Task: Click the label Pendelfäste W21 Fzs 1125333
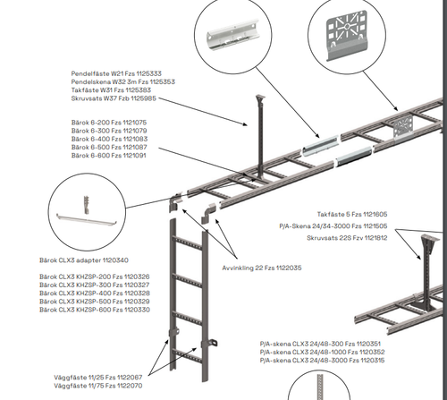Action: tap(116, 73)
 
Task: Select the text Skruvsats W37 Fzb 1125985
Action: tap(114, 98)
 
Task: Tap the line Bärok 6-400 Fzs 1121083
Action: tap(109, 139)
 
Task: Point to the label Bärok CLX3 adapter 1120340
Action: tap(84, 260)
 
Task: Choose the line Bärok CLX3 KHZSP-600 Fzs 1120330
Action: tap(95, 310)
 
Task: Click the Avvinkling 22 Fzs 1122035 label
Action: tap(262, 268)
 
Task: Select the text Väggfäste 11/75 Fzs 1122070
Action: tap(98, 386)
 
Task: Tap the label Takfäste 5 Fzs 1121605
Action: tap(352, 214)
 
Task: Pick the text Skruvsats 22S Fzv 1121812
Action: tap(347, 238)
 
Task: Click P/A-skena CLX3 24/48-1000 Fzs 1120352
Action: tap(322, 352)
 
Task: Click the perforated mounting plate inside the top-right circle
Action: tap(347, 35)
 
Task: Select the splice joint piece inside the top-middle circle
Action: tap(233, 35)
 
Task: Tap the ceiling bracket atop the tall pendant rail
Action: tap(260, 98)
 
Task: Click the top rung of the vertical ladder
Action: tap(189, 243)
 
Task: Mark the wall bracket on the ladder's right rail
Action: tap(209, 343)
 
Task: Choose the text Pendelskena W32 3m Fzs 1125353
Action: tap(123, 81)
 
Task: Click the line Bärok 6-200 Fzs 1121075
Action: tap(109, 123)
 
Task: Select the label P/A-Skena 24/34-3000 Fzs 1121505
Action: tap(333, 226)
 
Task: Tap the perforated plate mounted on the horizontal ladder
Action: tap(403, 127)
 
